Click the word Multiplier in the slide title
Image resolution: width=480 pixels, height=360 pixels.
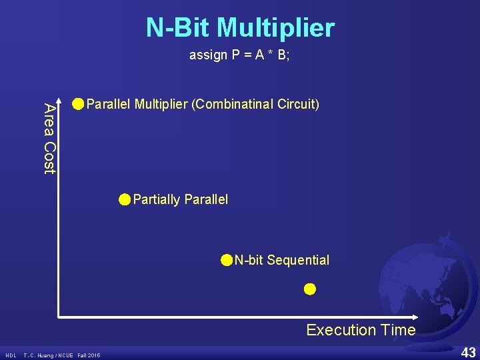click(x=276, y=28)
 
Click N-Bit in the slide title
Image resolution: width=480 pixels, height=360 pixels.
click(x=179, y=28)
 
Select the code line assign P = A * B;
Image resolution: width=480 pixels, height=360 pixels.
click(x=239, y=55)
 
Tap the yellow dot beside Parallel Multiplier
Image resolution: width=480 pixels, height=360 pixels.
click(x=79, y=104)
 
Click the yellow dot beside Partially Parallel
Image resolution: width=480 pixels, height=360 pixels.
click(x=125, y=199)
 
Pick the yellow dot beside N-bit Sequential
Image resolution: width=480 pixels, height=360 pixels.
click(x=227, y=260)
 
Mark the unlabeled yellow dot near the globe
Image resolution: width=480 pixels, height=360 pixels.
click(x=309, y=289)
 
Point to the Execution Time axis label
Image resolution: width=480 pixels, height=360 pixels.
click(x=361, y=330)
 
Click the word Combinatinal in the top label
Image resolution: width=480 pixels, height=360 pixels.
click(x=231, y=105)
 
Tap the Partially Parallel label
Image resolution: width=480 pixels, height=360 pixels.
click(x=180, y=199)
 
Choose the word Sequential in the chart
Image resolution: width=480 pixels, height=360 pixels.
click(x=298, y=260)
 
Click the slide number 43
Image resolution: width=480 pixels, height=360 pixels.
click(x=468, y=352)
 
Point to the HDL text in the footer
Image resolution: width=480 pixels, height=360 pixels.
click(x=11, y=355)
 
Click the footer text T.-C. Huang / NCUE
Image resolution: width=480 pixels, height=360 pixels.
click(x=49, y=355)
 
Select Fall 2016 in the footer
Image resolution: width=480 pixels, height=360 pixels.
click(x=89, y=355)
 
